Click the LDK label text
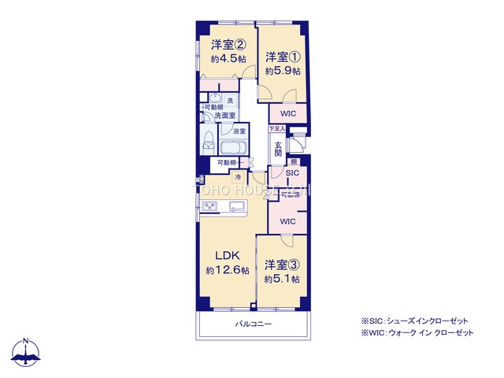click(228, 254)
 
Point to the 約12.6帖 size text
click(228, 270)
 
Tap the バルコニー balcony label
click(253, 324)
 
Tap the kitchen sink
click(236, 207)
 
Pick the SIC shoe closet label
click(291, 172)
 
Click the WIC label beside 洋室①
click(288, 113)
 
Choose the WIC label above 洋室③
click(287, 221)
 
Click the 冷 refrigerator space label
click(236, 176)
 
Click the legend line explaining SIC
click(414, 321)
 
